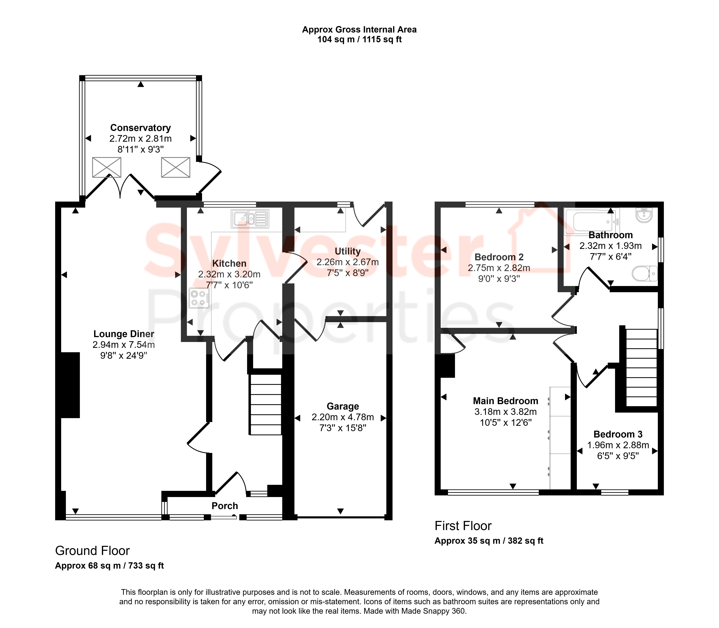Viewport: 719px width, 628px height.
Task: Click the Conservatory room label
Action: (141, 128)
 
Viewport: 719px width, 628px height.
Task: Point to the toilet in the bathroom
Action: (645, 273)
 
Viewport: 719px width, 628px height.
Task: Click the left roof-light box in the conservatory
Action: (107, 167)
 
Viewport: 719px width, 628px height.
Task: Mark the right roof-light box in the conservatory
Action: (176, 167)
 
